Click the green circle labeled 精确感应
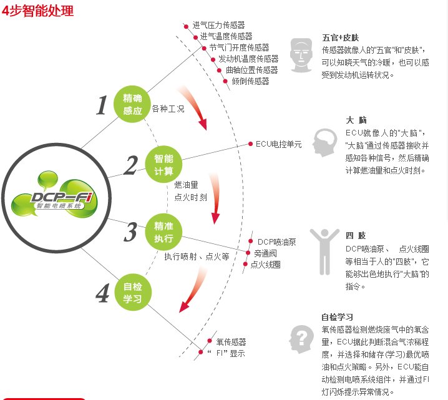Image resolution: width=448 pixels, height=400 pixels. coord(132,104)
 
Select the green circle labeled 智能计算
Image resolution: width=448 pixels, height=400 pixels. coord(163,164)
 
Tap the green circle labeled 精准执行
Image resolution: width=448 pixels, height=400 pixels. coord(163,232)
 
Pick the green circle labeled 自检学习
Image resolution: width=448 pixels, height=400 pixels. coord(133,293)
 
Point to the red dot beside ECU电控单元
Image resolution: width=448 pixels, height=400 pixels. coord(250,144)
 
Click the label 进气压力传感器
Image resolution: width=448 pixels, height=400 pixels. coord(218,25)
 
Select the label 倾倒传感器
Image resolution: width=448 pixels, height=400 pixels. coord(251,81)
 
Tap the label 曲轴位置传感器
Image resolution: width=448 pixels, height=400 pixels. coord(251,70)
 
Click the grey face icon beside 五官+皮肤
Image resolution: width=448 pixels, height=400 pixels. coord(301,55)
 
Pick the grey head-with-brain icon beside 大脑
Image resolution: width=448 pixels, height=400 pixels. coord(325,142)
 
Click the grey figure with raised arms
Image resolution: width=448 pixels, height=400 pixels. coord(324,251)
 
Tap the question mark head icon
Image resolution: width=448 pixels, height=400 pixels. coord(302,339)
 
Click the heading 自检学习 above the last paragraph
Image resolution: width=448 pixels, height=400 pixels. coord(337,317)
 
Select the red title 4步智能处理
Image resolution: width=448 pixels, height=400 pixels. coord(37,11)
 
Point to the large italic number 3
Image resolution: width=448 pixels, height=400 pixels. coord(130,232)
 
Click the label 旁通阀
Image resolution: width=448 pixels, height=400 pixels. coord(265,253)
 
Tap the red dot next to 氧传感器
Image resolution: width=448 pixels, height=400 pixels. coord(210,341)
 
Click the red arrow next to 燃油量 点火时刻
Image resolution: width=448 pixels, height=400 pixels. coord(215,197)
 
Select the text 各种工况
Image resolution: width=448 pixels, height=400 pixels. coord(168,109)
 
